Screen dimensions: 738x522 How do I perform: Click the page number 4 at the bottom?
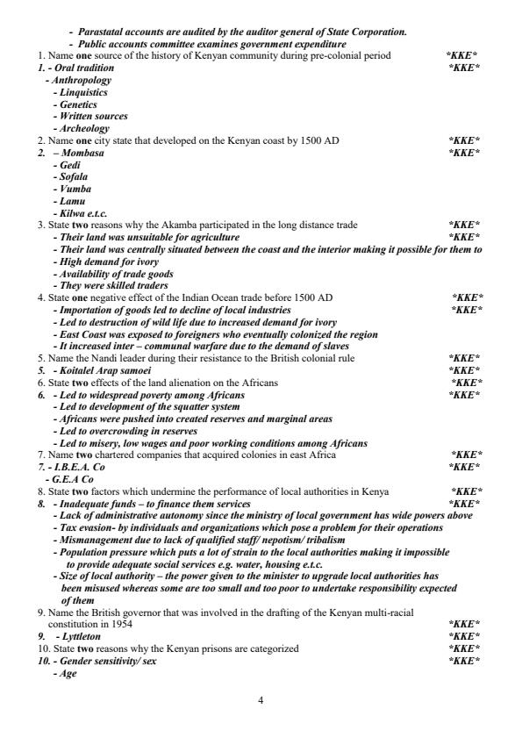point(261,699)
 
